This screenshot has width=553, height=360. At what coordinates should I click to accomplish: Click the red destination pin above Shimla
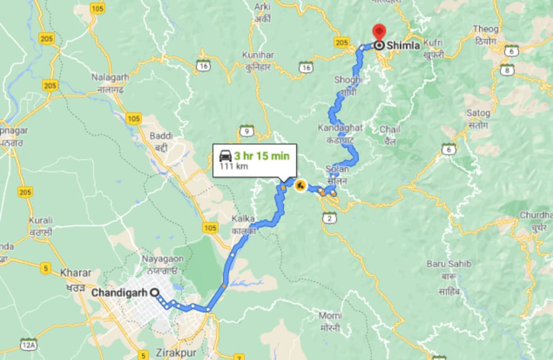coord(379,32)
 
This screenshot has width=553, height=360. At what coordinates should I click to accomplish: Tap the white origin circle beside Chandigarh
coord(155,293)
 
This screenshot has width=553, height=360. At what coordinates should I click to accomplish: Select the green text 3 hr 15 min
coord(262,156)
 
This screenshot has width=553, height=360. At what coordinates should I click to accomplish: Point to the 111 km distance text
coord(234,166)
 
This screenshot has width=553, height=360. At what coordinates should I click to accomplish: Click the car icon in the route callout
coord(225,156)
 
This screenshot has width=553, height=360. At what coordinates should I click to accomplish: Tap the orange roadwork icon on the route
coord(300,186)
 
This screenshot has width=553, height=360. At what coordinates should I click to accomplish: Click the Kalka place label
coord(243,219)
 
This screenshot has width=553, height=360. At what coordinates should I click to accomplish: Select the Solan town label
coord(337,169)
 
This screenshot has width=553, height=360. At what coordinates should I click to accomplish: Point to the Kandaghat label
coord(340,128)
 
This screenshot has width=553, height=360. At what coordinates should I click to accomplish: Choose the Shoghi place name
coord(348,80)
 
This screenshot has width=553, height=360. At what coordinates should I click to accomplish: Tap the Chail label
coord(390,130)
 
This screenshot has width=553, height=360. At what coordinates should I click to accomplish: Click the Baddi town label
coord(161,136)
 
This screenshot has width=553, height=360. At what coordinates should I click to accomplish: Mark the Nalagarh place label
coord(110,77)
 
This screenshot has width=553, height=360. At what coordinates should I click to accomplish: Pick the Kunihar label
coord(258,55)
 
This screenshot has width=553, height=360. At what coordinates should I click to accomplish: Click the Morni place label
coord(330,315)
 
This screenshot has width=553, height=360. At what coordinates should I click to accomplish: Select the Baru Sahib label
coord(449,264)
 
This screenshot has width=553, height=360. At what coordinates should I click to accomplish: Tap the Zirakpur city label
coord(176,353)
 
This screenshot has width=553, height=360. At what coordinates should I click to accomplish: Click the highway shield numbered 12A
coord(28,345)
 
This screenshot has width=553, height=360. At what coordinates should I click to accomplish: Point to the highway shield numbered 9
coord(246,131)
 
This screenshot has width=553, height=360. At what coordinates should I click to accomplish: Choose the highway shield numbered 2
coord(329,218)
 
